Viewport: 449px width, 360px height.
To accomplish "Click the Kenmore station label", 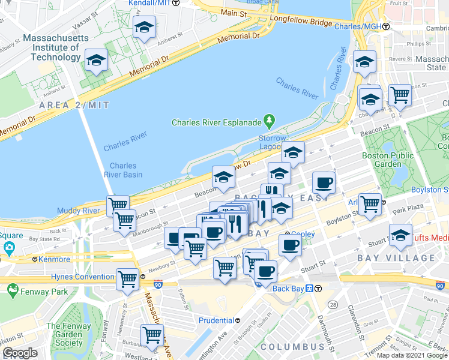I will click(54, 260).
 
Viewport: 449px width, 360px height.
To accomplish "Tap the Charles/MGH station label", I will click(358, 26).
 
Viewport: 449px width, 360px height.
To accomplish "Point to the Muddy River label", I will click(78, 211).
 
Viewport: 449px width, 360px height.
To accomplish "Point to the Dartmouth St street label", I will click(328, 333).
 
